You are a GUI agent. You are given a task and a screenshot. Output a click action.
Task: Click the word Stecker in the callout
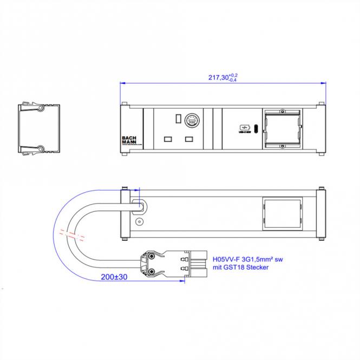pyautogui.click(x=256, y=267)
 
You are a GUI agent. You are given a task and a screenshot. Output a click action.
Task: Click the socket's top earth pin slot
pyautogui.click(x=178, y=118)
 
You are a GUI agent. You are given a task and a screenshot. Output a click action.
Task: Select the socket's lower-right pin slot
pyautogui.click(x=189, y=140)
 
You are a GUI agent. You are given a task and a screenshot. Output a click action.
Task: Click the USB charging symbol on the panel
pyautogui.click(x=243, y=128)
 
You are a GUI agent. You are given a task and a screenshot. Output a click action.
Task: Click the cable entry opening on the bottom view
pyautogui.click(x=139, y=206)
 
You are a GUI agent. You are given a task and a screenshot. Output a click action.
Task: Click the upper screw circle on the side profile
pyautogui.click(x=40, y=109)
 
